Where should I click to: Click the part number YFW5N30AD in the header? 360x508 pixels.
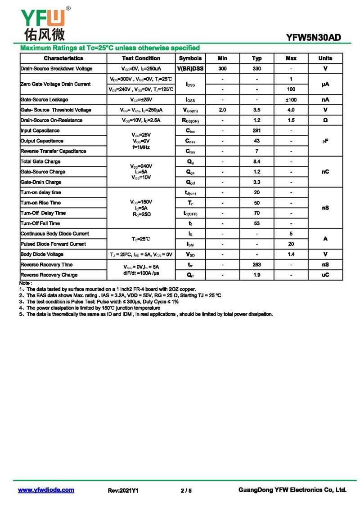click(x=313, y=38)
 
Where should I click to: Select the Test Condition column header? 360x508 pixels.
click(x=141, y=58)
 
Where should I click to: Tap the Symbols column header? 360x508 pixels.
click(x=190, y=58)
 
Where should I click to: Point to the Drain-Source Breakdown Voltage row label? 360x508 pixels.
click(x=56, y=69)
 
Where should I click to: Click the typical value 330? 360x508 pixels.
click(x=256, y=69)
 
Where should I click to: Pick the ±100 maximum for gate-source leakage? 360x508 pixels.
click(x=291, y=100)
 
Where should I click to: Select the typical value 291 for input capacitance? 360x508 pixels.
click(x=256, y=131)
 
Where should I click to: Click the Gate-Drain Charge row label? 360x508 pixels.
click(x=41, y=182)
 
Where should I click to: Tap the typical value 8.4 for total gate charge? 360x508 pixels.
click(x=256, y=161)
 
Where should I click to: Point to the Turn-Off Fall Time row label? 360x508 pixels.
click(x=40, y=223)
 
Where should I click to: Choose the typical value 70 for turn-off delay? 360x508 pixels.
click(x=256, y=213)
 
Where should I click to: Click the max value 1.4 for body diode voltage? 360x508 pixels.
click(x=291, y=254)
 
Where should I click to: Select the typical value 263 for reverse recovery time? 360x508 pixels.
click(x=256, y=265)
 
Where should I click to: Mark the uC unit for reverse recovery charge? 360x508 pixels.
click(x=325, y=275)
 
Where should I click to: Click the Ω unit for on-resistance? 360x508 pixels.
click(x=325, y=120)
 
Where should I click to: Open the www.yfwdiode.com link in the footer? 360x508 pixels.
click(x=46, y=490)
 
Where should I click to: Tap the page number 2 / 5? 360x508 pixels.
click(x=186, y=490)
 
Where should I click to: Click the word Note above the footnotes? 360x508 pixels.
click(x=25, y=283)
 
